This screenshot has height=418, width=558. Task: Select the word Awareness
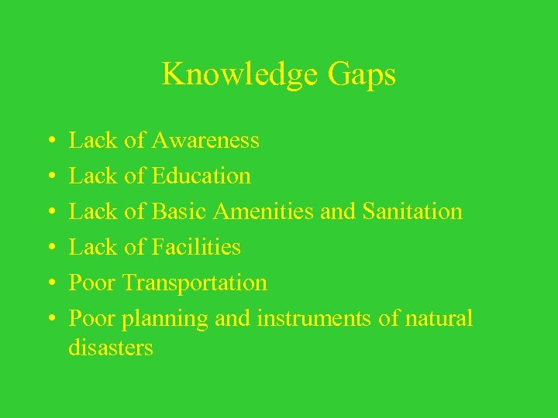(x=205, y=140)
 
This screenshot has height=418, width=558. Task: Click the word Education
(x=201, y=176)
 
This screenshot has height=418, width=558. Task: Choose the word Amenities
(x=263, y=211)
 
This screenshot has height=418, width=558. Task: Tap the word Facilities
(x=197, y=247)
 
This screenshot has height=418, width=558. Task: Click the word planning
(x=164, y=318)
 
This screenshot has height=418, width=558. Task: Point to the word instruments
(x=307, y=318)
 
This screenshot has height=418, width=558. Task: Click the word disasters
(x=111, y=348)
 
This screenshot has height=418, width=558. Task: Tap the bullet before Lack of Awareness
(x=49, y=142)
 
